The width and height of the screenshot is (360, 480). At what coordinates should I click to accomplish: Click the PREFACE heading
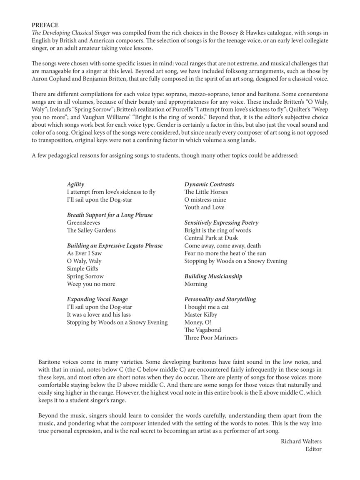tap(45, 25)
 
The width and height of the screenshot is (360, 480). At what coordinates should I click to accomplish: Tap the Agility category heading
tap(75, 184)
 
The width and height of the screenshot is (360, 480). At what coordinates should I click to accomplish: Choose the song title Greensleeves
tap(83, 222)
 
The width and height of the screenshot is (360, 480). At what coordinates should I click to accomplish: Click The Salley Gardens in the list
tap(91, 230)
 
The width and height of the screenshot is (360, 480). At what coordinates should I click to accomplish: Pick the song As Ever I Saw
tap(84, 253)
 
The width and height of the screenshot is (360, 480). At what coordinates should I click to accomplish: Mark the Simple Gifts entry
tap(82, 269)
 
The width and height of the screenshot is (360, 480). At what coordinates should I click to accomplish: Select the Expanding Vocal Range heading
tap(97, 299)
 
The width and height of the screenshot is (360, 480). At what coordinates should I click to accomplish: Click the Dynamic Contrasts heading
tap(209, 184)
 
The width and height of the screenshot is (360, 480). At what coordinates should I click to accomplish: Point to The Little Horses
tap(206, 192)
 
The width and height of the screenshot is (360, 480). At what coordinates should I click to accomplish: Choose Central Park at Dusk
tap(211, 238)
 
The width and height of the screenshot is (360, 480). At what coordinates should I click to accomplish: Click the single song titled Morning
tap(196, 284)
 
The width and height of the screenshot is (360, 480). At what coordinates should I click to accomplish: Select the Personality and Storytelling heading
tap(220, 299)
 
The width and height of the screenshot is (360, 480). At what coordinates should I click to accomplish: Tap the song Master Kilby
tap(201, 315)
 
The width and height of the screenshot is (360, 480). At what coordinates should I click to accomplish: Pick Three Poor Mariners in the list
tap(211, 337)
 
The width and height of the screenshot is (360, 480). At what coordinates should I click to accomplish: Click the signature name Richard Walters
tap(301, 441)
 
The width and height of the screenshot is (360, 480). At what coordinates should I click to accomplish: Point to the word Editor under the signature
tap(313, 449)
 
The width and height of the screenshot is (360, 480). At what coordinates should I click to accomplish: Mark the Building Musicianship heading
tap(213, 276)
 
